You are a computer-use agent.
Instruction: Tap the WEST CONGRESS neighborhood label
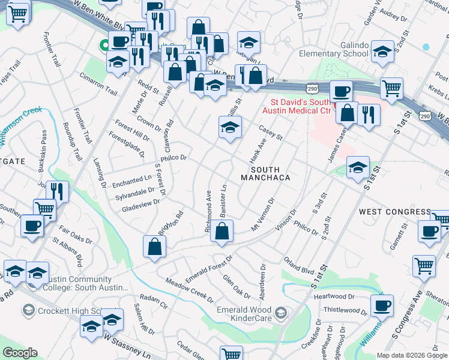coord(394,212)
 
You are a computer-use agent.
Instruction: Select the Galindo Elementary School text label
coord(334,49)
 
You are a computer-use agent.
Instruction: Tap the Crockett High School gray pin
coord(28,310)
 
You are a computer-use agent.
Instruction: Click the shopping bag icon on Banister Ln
coord(222,232)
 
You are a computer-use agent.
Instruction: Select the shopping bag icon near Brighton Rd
coord(154,247)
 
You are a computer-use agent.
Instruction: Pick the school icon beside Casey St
coord(229,128)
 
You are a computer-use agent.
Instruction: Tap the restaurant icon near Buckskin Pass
coord(57,192)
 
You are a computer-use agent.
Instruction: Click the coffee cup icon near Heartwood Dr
coord(381,307)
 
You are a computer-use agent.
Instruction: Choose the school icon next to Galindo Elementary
coord(382,52)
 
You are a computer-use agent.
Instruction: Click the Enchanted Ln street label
coord(131,179)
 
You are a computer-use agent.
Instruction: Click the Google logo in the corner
coord(20,353)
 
